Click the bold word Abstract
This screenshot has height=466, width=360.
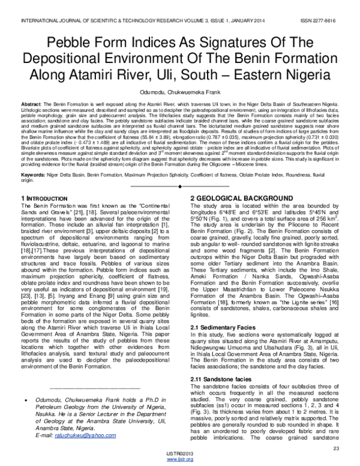pos(29,104)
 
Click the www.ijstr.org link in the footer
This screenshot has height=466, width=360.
pos(179,461)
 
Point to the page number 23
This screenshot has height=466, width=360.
pos(336,449)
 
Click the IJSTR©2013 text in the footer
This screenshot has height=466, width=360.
pos(179,456)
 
